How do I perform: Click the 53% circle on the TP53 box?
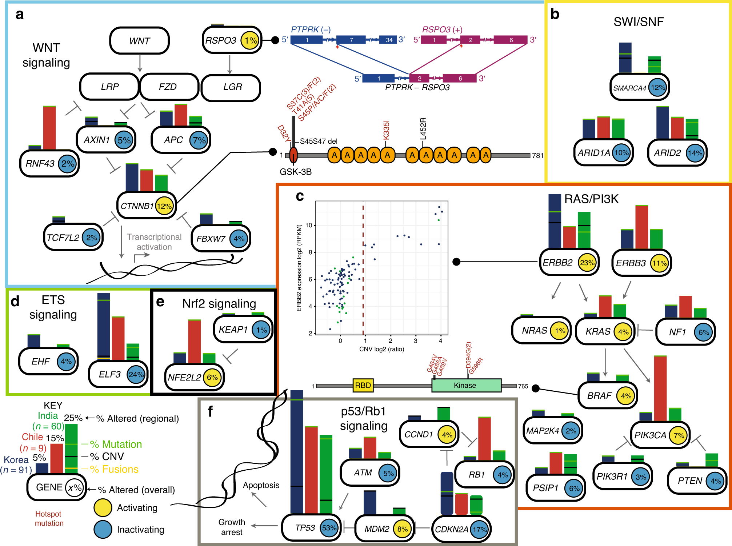point(329,528)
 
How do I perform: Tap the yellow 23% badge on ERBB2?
point(587,263)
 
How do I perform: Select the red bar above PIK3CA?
point(660,388)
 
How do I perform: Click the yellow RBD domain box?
point(363,386)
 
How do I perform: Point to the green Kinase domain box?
point(466,386)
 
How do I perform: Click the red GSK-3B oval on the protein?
point(293,155)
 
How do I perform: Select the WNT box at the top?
point(139,41)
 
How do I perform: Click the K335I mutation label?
point(386,130)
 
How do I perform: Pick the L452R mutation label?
point(423,129)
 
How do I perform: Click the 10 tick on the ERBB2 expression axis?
point(309,226)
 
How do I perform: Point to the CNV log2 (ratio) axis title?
point(381,349)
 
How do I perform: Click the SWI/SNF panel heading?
point(638,22)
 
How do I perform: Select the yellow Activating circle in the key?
point(103,508)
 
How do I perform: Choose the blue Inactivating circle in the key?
point(103,530)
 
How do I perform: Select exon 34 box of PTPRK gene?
point(389,40)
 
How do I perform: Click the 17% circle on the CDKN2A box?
point(480,529)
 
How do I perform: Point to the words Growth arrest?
point(232,527)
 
